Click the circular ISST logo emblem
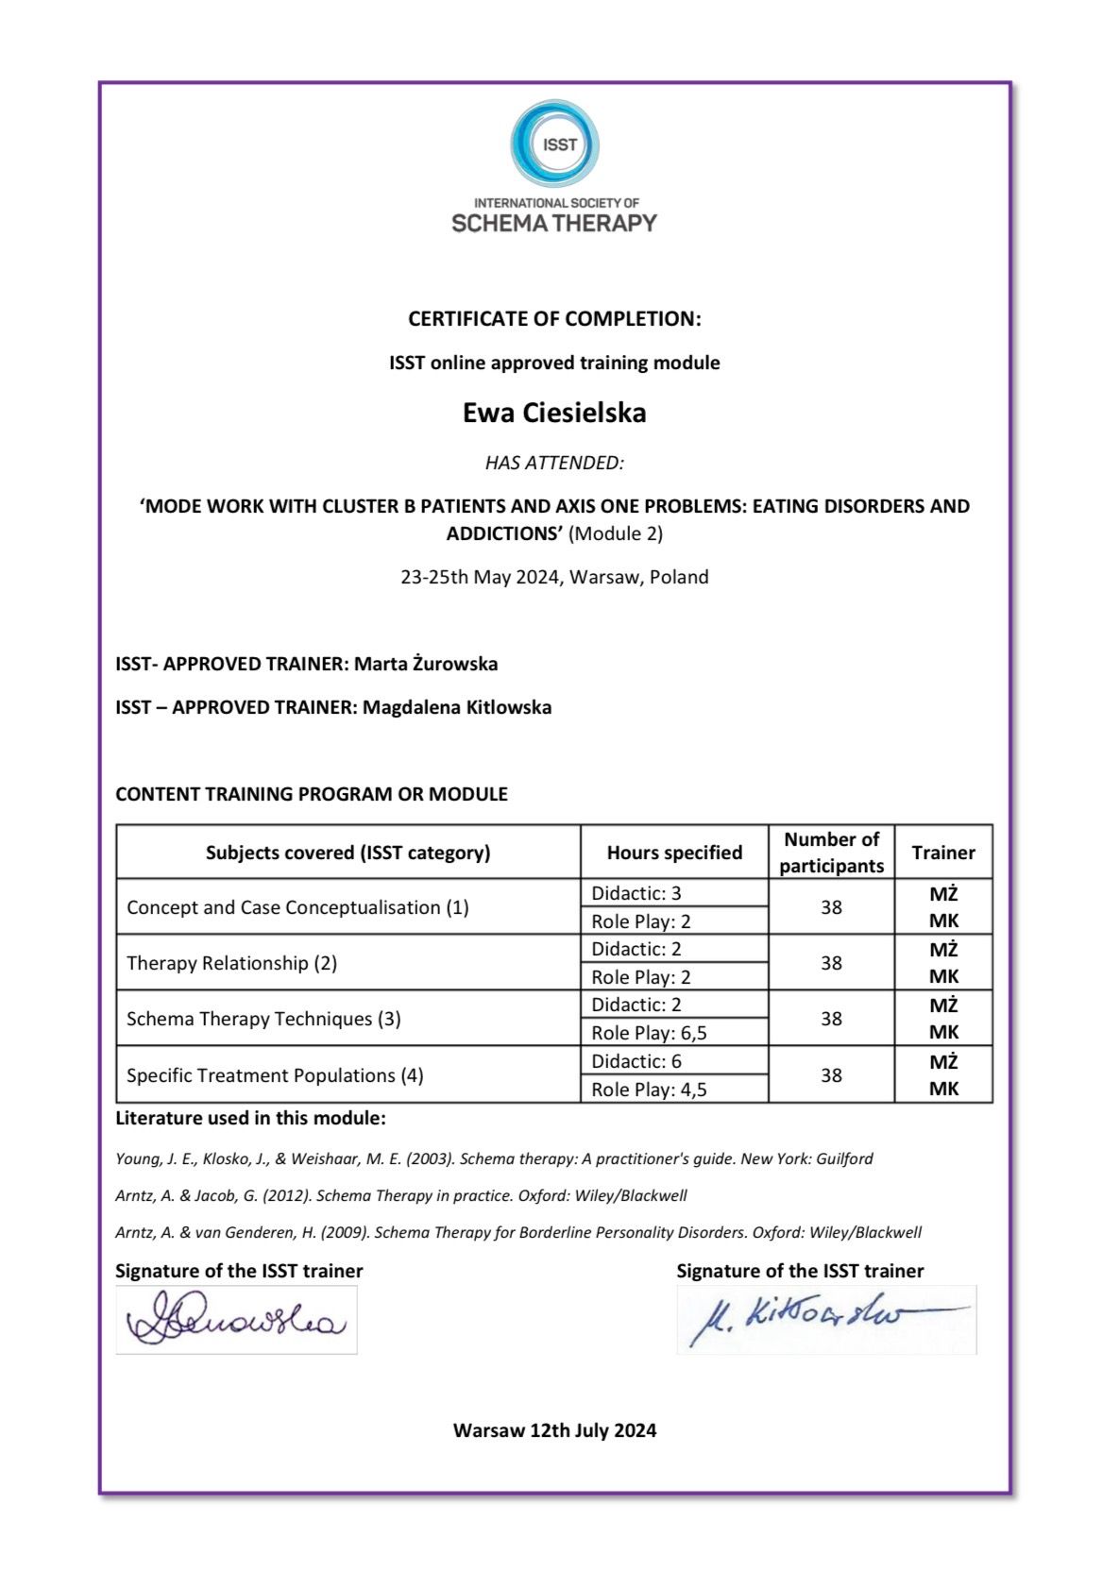[555, 144]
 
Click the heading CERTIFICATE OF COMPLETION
[554, 319]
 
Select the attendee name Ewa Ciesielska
[554, 413]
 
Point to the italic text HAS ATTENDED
[554, 463]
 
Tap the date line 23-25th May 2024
[554, 577]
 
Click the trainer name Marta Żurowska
[426, 664]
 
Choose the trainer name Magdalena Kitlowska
[457, 707]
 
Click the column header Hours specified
[674, 853]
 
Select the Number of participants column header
[831, 853]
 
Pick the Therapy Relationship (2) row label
[232, 963]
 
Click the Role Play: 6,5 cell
[650, 1033]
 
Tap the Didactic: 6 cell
[636, 1061]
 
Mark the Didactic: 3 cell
[636, 893]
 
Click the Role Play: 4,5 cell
[650, 1090]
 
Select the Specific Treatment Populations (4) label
[275, 1075]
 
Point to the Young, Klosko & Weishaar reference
[494, 1158]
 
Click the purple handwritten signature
[236, 1320]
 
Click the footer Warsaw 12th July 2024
[554, 1430]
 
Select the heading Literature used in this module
[250, 1119]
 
